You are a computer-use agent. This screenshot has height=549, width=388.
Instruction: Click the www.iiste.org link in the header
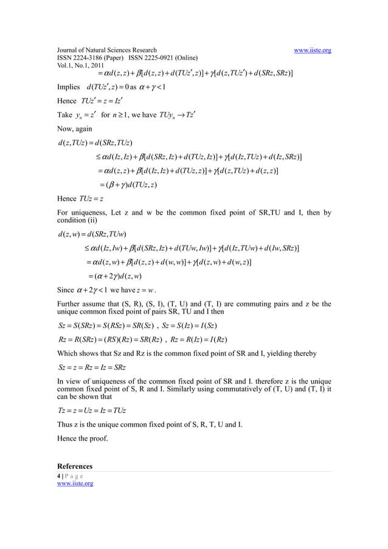pyautogui.click(x=312, y=50)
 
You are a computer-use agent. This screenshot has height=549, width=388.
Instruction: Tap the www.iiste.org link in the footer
pyautogui.click(x=75, y=483)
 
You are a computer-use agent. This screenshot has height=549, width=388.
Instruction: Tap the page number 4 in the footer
pyautogui.click(x=58, y=475)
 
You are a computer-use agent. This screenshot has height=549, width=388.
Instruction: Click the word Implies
pyautogui.click(x=68, y=87)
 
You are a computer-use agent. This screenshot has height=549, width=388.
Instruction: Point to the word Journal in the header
pyautogui.click(x=69, y=50)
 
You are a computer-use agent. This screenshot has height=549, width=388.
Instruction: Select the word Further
pyautogui.click(x=69, y=303)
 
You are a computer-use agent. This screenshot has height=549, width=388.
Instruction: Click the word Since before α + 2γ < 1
pyautogui.click(x=65, y=291)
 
